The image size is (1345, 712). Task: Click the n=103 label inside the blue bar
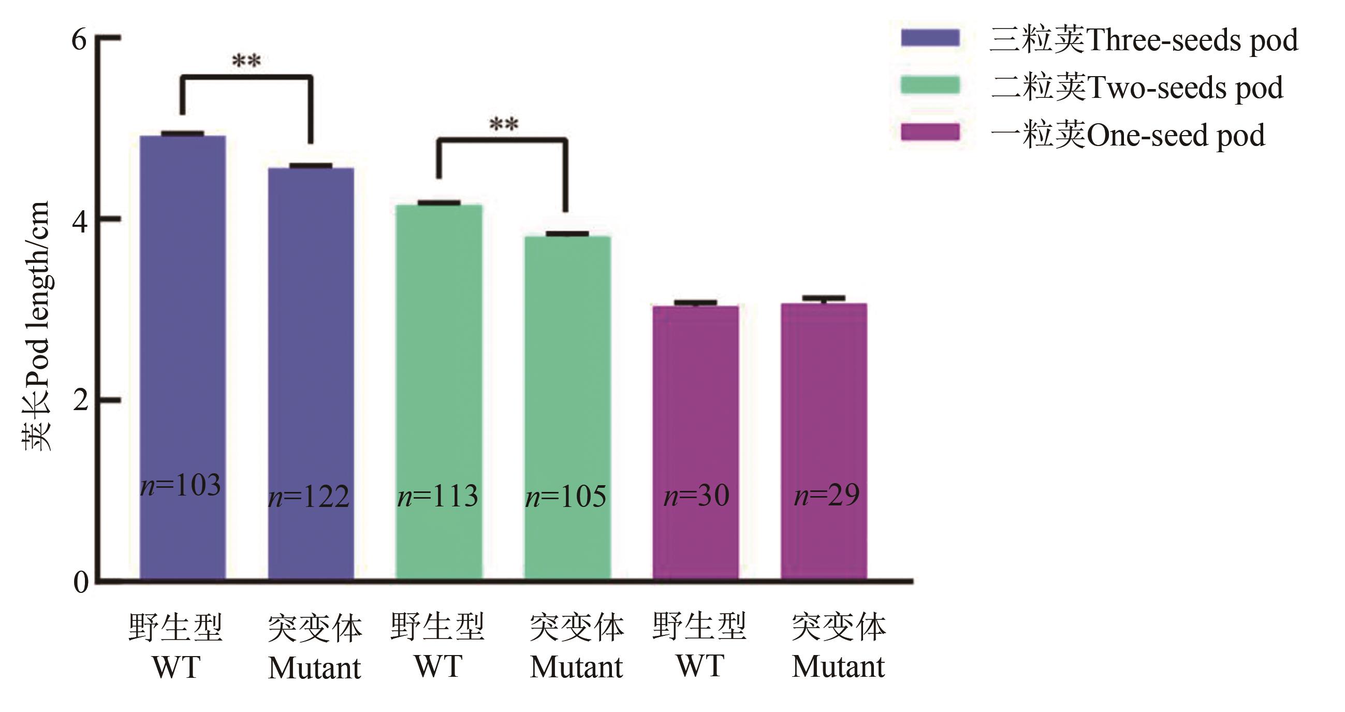(x=181, y=486)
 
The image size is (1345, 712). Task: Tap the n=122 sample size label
(x=309, y=497)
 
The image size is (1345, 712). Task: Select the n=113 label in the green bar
(x=437, y=496)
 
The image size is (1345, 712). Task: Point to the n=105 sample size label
(x=566, y=497)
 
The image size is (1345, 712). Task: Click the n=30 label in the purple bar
(x=696, y=496)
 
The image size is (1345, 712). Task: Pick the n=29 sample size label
(x=827, y=495)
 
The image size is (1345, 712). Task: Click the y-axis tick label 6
(x=79, y=39)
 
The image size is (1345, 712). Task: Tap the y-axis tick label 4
(x=79, y=222)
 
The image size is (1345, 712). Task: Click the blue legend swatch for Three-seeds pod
(x=930, y=38)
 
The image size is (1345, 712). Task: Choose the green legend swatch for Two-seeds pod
(x=930, y=85)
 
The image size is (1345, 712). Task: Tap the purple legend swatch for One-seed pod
(x=930, y=132)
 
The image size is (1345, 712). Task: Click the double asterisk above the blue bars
(x=246, y=62)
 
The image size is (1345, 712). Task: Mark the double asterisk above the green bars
(x=504, y=125)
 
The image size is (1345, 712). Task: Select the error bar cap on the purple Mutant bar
(x=824, y=298)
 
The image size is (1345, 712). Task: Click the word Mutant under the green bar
(x=576, y=667)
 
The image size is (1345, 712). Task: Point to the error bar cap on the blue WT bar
(x=182, y=134)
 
